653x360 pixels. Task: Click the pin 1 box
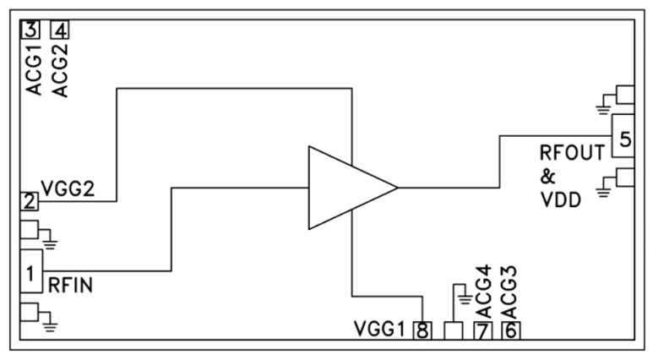point(30,272)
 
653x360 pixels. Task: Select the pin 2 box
point(30,202)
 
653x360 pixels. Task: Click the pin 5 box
point(623,139)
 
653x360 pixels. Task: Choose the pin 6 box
point(510,330)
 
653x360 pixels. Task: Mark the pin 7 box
point(482,330)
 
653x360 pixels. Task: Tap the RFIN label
point(71,286)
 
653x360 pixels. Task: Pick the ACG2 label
point(60,71)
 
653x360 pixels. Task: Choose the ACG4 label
point(482,289)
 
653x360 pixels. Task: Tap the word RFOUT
point(572,153)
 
